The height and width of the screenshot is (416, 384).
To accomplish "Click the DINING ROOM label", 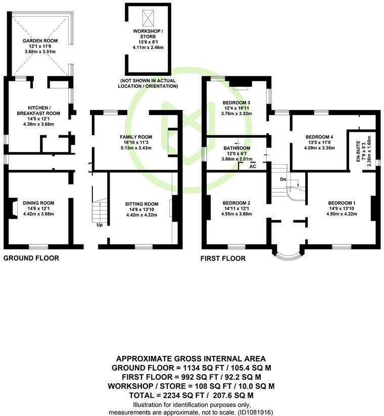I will pyautogui.click(x=38, y=203).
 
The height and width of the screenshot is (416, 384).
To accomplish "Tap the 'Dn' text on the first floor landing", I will pyautogui.click(x=283, y=179).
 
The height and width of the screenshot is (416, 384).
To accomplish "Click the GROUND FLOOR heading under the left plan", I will pyautogui.click(x=31, y=258).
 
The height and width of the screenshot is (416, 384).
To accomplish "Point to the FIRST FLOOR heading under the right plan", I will pyautogui.click(x=223, y=258).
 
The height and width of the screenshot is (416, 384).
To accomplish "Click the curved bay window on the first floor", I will pyautogui.click(x=289, y=254).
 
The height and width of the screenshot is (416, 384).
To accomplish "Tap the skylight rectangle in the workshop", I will pyautogui.click(x=149, y=18).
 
